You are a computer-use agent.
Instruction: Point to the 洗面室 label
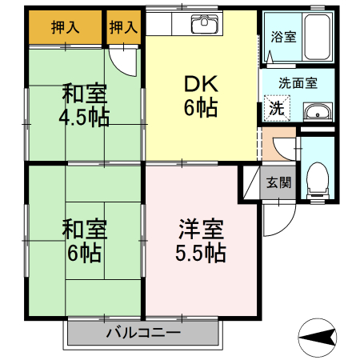coord(298,82)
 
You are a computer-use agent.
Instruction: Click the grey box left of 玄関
coord(250,182)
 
